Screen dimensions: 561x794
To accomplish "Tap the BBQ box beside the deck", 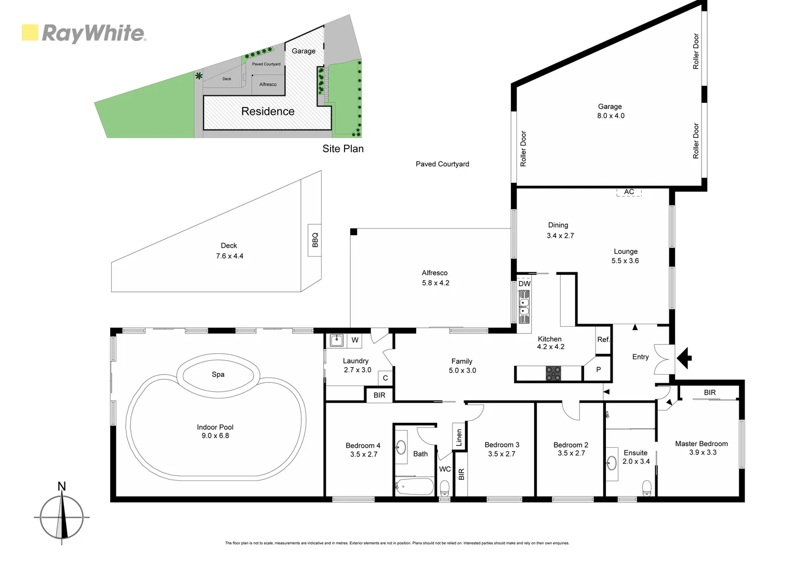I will pos(314,239).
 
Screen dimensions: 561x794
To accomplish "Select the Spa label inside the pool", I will pos(218,375).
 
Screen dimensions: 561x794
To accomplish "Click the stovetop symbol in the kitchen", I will pos(553,373).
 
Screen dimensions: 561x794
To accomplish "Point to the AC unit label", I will pos(629,192).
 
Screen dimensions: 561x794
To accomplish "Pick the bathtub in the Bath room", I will pos(414,487).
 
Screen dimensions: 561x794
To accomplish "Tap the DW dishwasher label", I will pos(524,284).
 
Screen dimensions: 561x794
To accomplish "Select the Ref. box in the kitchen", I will pos(603,340).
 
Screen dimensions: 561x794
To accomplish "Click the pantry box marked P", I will pos(598,370).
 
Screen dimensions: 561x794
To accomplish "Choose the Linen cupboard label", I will pos(459,437).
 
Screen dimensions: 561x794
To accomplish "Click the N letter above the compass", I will pos(61,487).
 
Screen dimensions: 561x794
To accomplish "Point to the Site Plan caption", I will pos(342,149).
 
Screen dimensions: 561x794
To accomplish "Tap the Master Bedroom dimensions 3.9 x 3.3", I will pos(703,452).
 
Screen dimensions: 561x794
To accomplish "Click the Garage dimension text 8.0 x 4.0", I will pos(611,116).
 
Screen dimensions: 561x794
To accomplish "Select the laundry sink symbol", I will pos(336,341).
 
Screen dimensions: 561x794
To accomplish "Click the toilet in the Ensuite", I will pos(646,488).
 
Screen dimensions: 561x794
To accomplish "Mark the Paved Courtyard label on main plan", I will pos(442,164).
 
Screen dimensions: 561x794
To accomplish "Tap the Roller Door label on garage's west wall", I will pos(523,149).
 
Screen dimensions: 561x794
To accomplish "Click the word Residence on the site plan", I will pos(268,112).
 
